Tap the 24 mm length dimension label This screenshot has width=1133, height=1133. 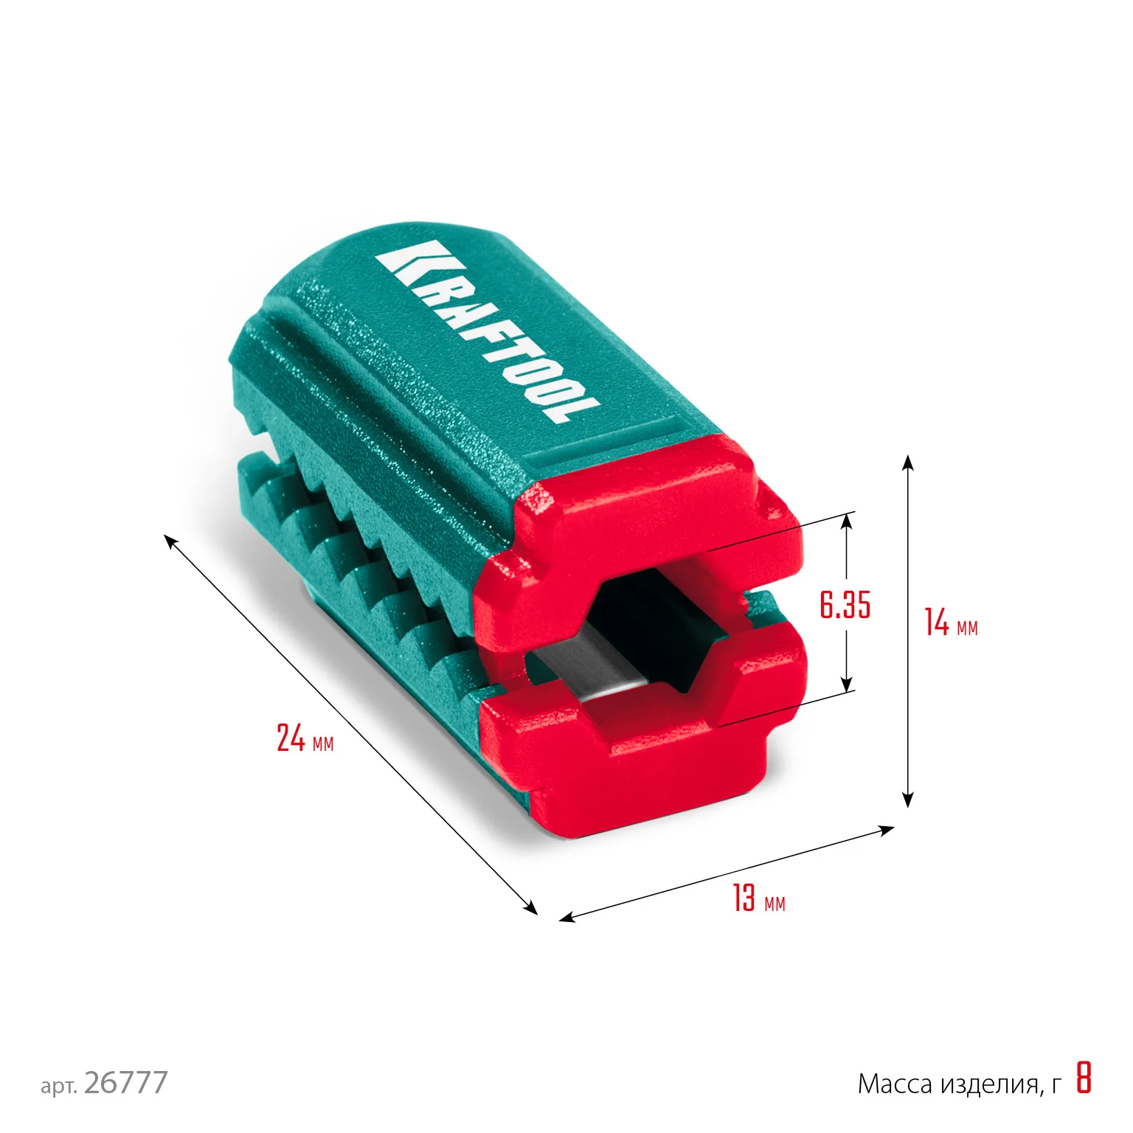(x=305, y=738)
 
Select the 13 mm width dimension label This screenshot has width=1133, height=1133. (x=758, y=898)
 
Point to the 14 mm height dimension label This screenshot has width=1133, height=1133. (x=951, y=623)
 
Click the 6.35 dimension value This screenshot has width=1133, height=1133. (x=845, y=605)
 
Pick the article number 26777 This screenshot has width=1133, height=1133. (x=126, y=1083)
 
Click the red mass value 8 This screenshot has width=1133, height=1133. (x=1083, y=1078)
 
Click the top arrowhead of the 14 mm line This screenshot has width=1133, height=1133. (x=908, y=462)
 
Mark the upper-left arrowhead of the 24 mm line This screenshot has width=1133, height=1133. (x=170, y=541)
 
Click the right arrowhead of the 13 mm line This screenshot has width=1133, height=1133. (x=887, y=830)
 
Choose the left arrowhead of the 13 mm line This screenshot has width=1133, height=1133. (x=566, y=918)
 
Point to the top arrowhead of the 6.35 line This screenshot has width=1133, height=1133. (x=847, y=519)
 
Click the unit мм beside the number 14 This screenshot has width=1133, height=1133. (x=967, y=628)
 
